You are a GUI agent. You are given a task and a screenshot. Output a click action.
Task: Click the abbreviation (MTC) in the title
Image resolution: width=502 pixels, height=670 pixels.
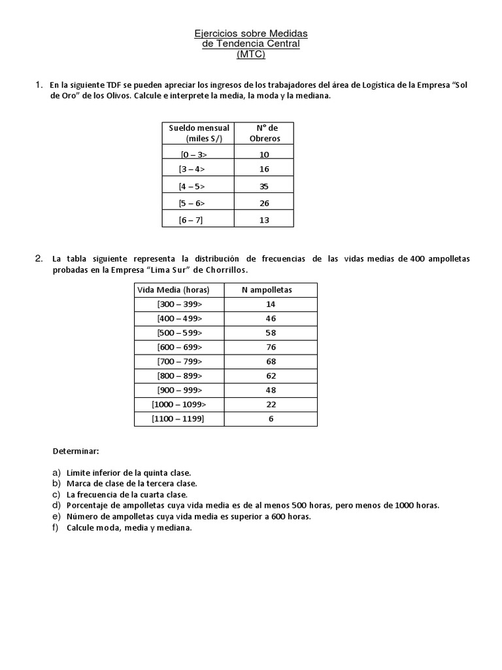(251, 55)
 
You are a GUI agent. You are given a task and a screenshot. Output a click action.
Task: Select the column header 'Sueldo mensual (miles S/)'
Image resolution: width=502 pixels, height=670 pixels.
(199, 133)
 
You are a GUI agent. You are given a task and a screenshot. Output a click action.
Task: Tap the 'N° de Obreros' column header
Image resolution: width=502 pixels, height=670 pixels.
(264, 133)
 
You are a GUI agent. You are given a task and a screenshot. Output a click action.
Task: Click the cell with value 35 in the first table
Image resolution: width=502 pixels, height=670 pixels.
(264, 186)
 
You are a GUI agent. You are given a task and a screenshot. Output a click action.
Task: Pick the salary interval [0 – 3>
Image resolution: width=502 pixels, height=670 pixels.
(194, 154)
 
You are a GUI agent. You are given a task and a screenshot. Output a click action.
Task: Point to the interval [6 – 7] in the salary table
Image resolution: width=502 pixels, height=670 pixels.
(191, 220)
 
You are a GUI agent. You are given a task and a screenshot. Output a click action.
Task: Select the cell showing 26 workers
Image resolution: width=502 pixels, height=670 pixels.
(264, 203)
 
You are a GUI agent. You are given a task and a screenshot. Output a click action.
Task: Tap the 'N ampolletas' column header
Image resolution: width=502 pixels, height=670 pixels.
(271, 289)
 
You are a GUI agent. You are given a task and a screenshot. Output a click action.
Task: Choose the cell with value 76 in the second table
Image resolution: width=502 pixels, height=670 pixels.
(271, 347)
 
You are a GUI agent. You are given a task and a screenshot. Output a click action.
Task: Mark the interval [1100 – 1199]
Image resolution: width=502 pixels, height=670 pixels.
(178, 419)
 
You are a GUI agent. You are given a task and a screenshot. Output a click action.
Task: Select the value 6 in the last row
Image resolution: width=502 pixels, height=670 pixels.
(271, 419)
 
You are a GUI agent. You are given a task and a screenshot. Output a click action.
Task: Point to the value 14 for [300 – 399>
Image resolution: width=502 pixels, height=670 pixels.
(271, 304)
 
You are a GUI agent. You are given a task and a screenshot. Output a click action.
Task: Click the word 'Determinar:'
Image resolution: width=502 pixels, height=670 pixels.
(75, 451)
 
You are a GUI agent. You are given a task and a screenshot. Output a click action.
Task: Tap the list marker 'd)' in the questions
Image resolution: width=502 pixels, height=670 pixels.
(56, 505)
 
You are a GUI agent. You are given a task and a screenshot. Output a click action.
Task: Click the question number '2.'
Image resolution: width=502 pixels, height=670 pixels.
(39, 258)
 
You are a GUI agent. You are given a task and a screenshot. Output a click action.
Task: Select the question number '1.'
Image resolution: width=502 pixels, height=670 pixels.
(39, 85)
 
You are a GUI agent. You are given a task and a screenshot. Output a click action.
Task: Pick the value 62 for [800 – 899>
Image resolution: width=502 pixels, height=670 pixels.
(271, 376)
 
